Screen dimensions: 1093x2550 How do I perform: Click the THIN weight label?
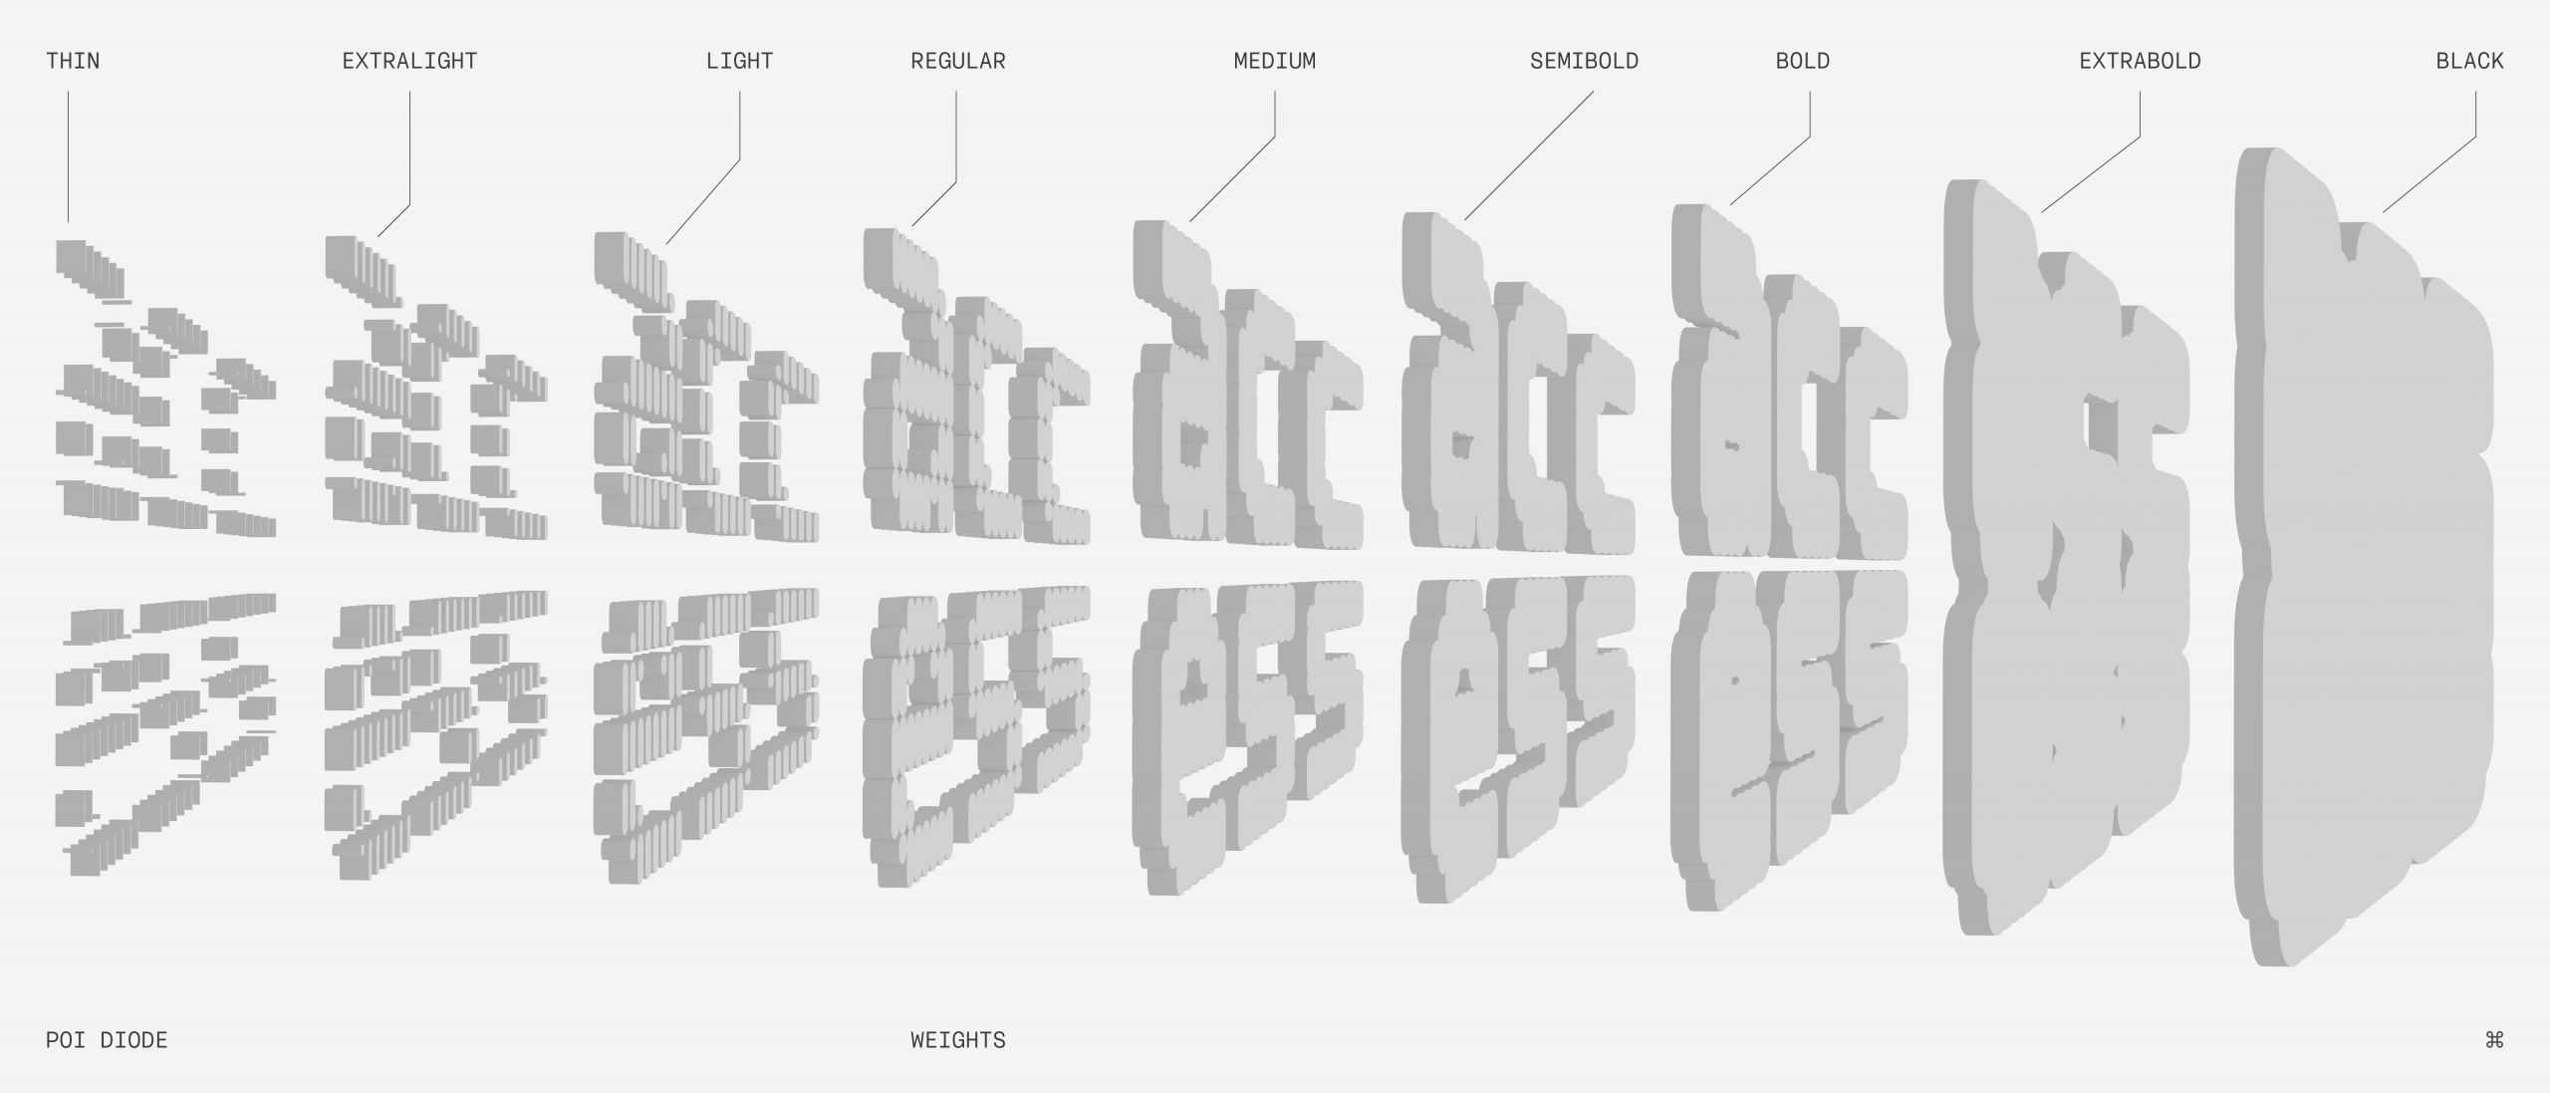73,62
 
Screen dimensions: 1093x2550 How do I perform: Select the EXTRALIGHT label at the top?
409,62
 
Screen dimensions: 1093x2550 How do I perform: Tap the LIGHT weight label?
739,62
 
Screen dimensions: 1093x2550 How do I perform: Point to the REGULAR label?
957,62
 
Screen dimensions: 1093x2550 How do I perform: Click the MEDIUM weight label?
1274,62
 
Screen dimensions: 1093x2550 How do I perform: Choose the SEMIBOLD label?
1584,62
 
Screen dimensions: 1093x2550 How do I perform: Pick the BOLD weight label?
1802,62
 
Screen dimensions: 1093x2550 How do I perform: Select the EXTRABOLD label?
2140,62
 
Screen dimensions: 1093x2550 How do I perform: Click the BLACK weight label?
2469,62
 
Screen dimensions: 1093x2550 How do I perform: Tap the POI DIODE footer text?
107,1040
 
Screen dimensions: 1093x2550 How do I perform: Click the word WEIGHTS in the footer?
957,1040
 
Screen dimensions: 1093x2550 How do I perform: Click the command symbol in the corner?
2494,1040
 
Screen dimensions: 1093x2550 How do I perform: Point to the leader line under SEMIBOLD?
1529,154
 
